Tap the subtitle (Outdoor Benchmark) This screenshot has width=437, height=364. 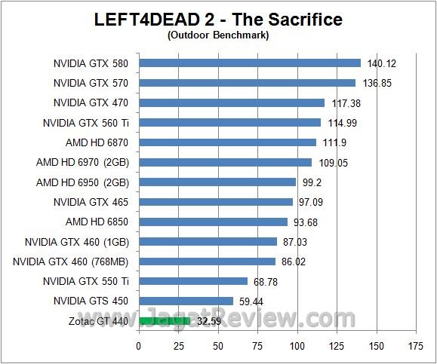coord(219,34)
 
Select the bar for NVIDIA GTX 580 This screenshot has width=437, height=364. coord(250,63)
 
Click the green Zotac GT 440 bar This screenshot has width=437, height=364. coord(164,321)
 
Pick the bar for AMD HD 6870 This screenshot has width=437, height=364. coord(227,142)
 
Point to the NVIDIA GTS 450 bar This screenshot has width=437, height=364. coord(186,301)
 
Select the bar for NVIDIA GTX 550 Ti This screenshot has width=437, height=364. coord(193,281)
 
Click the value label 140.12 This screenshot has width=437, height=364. coord(381,63)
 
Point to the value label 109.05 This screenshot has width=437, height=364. coord(331,162)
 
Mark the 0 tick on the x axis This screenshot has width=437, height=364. coord(139,347)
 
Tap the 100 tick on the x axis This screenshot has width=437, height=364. coord(297,347)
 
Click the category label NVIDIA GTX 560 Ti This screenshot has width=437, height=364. coord(86,122)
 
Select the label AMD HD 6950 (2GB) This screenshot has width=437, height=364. coord(83,182)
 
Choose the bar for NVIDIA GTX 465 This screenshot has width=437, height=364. coord(216,202)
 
